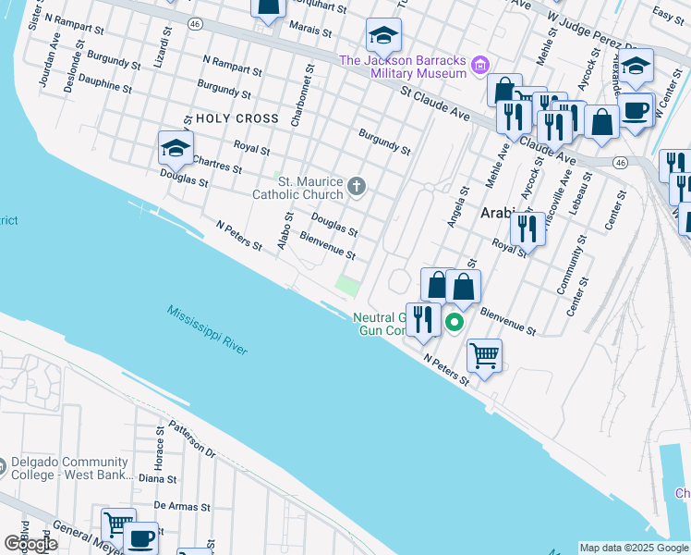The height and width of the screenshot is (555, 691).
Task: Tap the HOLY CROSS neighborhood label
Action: [236, 118]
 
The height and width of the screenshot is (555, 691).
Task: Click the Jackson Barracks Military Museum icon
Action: [479, 66]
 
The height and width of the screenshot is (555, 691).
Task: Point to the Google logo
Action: [30, 543]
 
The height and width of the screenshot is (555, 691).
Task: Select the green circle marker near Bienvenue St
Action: [454, 322]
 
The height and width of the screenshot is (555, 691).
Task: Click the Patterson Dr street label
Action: [192, 443]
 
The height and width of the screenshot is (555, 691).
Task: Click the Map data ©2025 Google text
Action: [634, 548]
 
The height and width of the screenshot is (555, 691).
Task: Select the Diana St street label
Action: [157, 479]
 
